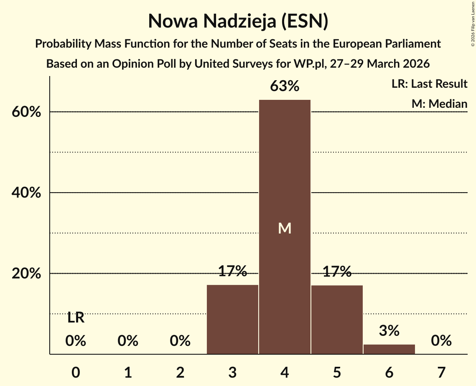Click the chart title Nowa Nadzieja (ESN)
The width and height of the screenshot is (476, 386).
pyautogui.click(x=238, y=21)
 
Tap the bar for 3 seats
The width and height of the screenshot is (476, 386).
pyautogui.click(x=232, y=319)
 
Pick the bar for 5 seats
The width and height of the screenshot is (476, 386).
pyautogui.click(x=337, y=319)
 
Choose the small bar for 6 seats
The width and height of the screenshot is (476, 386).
pyautogui.click(x=389, y=349)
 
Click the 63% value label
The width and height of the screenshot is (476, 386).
pyautogui.click(x=285, y=86)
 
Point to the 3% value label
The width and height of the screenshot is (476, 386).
pyautogui.click(x=389, y=331)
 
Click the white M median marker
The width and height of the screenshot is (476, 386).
pyautogui.click(x=285, y=228)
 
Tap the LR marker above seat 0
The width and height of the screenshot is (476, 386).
pyautogui.click(x=76, y=318)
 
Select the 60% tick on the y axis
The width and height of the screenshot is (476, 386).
pyautogui.click(x=29, y=112)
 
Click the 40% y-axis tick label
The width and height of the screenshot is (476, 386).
pyautogui.click(x=29, y=193)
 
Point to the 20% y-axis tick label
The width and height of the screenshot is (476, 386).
pyautogui.click(x=29, y=274)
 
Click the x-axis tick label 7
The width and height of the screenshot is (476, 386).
pyautogui.click(x=441, y=372)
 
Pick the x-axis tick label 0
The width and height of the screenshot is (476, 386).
pyautogui.click(x=76, y=372)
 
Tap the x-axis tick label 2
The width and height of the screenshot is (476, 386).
pyautogui.click(x=180, y=372)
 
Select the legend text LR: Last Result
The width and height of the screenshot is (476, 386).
pyautogui.click(x=429, y=84)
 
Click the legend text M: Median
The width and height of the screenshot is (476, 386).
pyautogui.click(x=439, y=104)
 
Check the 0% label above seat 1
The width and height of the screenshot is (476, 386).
pyautogui.click(x=128, y=341)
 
